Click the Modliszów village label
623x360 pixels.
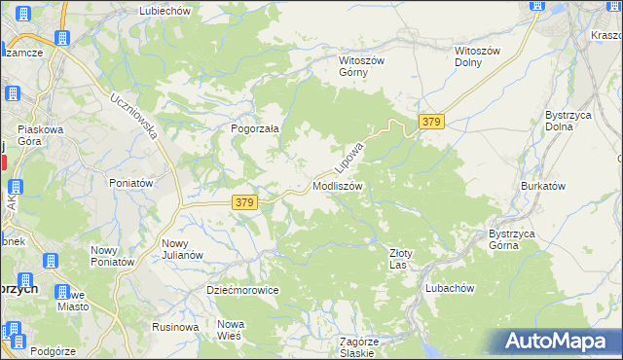pos(338,186)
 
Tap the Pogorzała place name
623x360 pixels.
pos(255,127)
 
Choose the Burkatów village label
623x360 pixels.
pos(543,186)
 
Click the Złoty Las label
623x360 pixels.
pos(402,258)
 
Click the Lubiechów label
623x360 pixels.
pos(166,10)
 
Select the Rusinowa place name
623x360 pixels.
pos(176,327)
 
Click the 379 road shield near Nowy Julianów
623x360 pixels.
pos(244,202)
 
